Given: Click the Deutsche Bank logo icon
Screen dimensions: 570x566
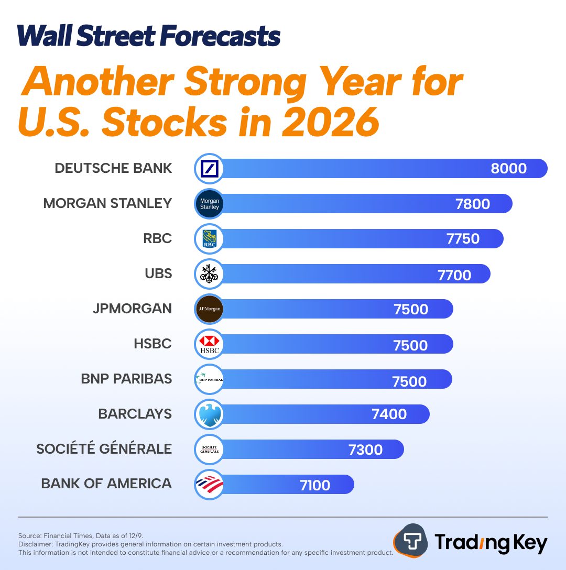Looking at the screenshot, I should [209, 169].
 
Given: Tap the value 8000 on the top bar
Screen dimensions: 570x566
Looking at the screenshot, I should [508, 168].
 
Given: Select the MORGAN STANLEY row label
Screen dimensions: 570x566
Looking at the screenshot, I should [107, 203].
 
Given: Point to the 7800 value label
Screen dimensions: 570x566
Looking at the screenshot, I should [473, 204].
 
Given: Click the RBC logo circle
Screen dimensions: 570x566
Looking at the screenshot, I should [209, 239].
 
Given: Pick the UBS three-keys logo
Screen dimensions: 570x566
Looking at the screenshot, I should [209, 274].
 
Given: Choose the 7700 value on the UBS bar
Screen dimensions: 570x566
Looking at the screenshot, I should [454, 275].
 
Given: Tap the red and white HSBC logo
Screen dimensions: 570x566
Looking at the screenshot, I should [209, 344].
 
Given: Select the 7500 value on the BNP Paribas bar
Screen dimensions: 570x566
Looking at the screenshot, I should [409, 381].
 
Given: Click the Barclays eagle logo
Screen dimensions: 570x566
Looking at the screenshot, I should [209, 414].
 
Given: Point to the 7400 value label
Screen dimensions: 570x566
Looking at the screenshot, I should [389, 414].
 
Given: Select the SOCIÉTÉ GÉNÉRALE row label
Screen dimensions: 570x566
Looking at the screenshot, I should [104, 449].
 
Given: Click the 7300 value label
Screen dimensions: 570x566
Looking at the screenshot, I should [365, 450].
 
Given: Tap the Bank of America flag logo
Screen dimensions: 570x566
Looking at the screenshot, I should [209, 485].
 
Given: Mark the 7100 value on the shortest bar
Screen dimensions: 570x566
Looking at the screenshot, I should [315, 485].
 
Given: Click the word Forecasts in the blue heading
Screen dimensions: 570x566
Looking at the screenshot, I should [220, 37].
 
